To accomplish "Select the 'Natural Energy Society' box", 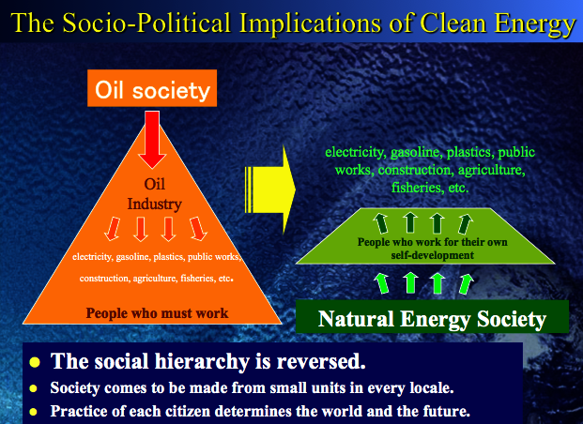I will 432,318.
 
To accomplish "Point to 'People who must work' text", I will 157,313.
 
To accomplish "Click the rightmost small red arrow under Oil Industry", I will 197,229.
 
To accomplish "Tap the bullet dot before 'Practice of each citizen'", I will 35,411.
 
